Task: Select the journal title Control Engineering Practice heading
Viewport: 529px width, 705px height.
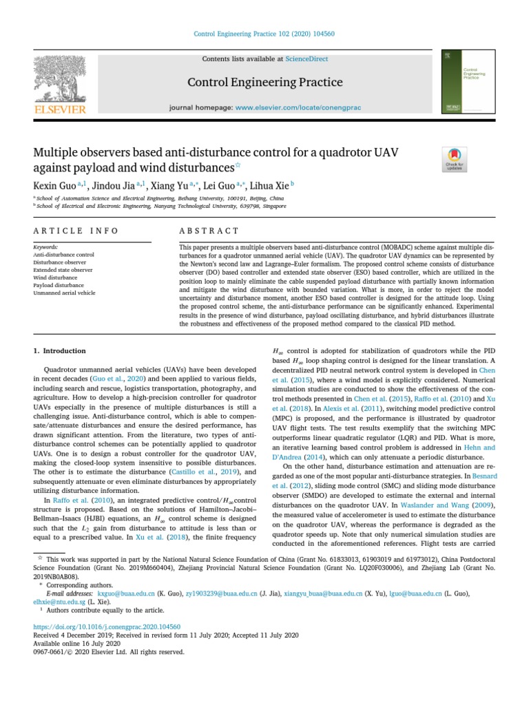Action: (265, 83)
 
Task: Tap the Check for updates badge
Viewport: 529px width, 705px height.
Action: (455, 159)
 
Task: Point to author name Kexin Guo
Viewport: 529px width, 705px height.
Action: (55, 185)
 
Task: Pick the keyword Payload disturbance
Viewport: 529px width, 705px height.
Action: (59, 285)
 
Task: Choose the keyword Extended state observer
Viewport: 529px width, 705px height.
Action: (63, 270)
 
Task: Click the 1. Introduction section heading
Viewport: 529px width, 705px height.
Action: (60, 350)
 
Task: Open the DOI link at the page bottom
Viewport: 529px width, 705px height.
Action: (107, 627)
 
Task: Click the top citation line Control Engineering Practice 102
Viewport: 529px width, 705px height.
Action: (264, 34)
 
